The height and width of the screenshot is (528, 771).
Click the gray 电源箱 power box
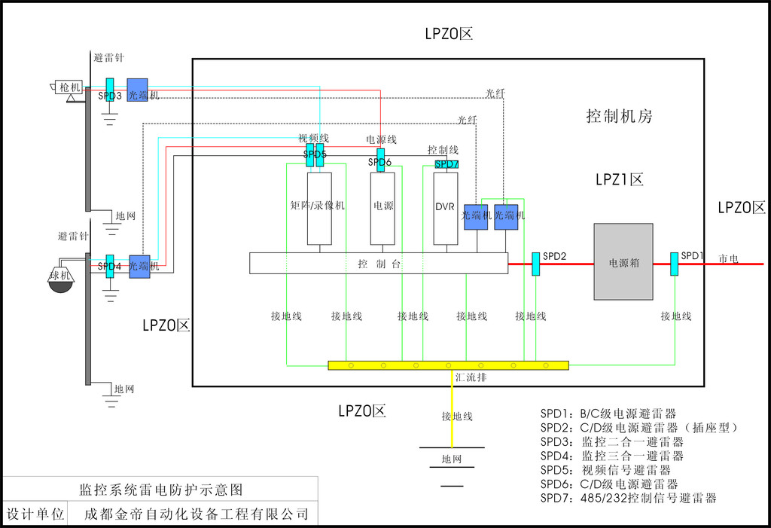point(623,261)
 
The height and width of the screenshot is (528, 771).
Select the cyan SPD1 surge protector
point(675,264)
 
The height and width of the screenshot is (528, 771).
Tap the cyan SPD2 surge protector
point(536,264)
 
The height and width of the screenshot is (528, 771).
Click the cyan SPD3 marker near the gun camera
point(110,91)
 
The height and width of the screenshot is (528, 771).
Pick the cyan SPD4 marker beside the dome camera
point(110,266)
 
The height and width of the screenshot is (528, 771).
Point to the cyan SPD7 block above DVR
point(446,164)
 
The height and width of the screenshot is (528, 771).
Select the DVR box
point(446,208)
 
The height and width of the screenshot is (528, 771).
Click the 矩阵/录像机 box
point(319,208)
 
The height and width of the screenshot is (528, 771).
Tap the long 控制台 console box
point(379,263)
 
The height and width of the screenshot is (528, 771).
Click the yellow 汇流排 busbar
point(448,365)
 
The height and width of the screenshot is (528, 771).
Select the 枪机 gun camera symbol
point(68,88)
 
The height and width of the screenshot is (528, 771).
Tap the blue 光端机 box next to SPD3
point(138,91)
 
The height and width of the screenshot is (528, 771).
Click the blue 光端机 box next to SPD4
point(140,267)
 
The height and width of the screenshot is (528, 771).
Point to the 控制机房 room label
point(619,116)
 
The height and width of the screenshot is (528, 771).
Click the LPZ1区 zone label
point(619,180)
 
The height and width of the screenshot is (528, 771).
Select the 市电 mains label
point(728,258)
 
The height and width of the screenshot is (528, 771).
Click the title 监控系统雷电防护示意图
point(161,490)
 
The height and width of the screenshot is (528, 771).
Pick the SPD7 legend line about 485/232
point(628,498)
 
